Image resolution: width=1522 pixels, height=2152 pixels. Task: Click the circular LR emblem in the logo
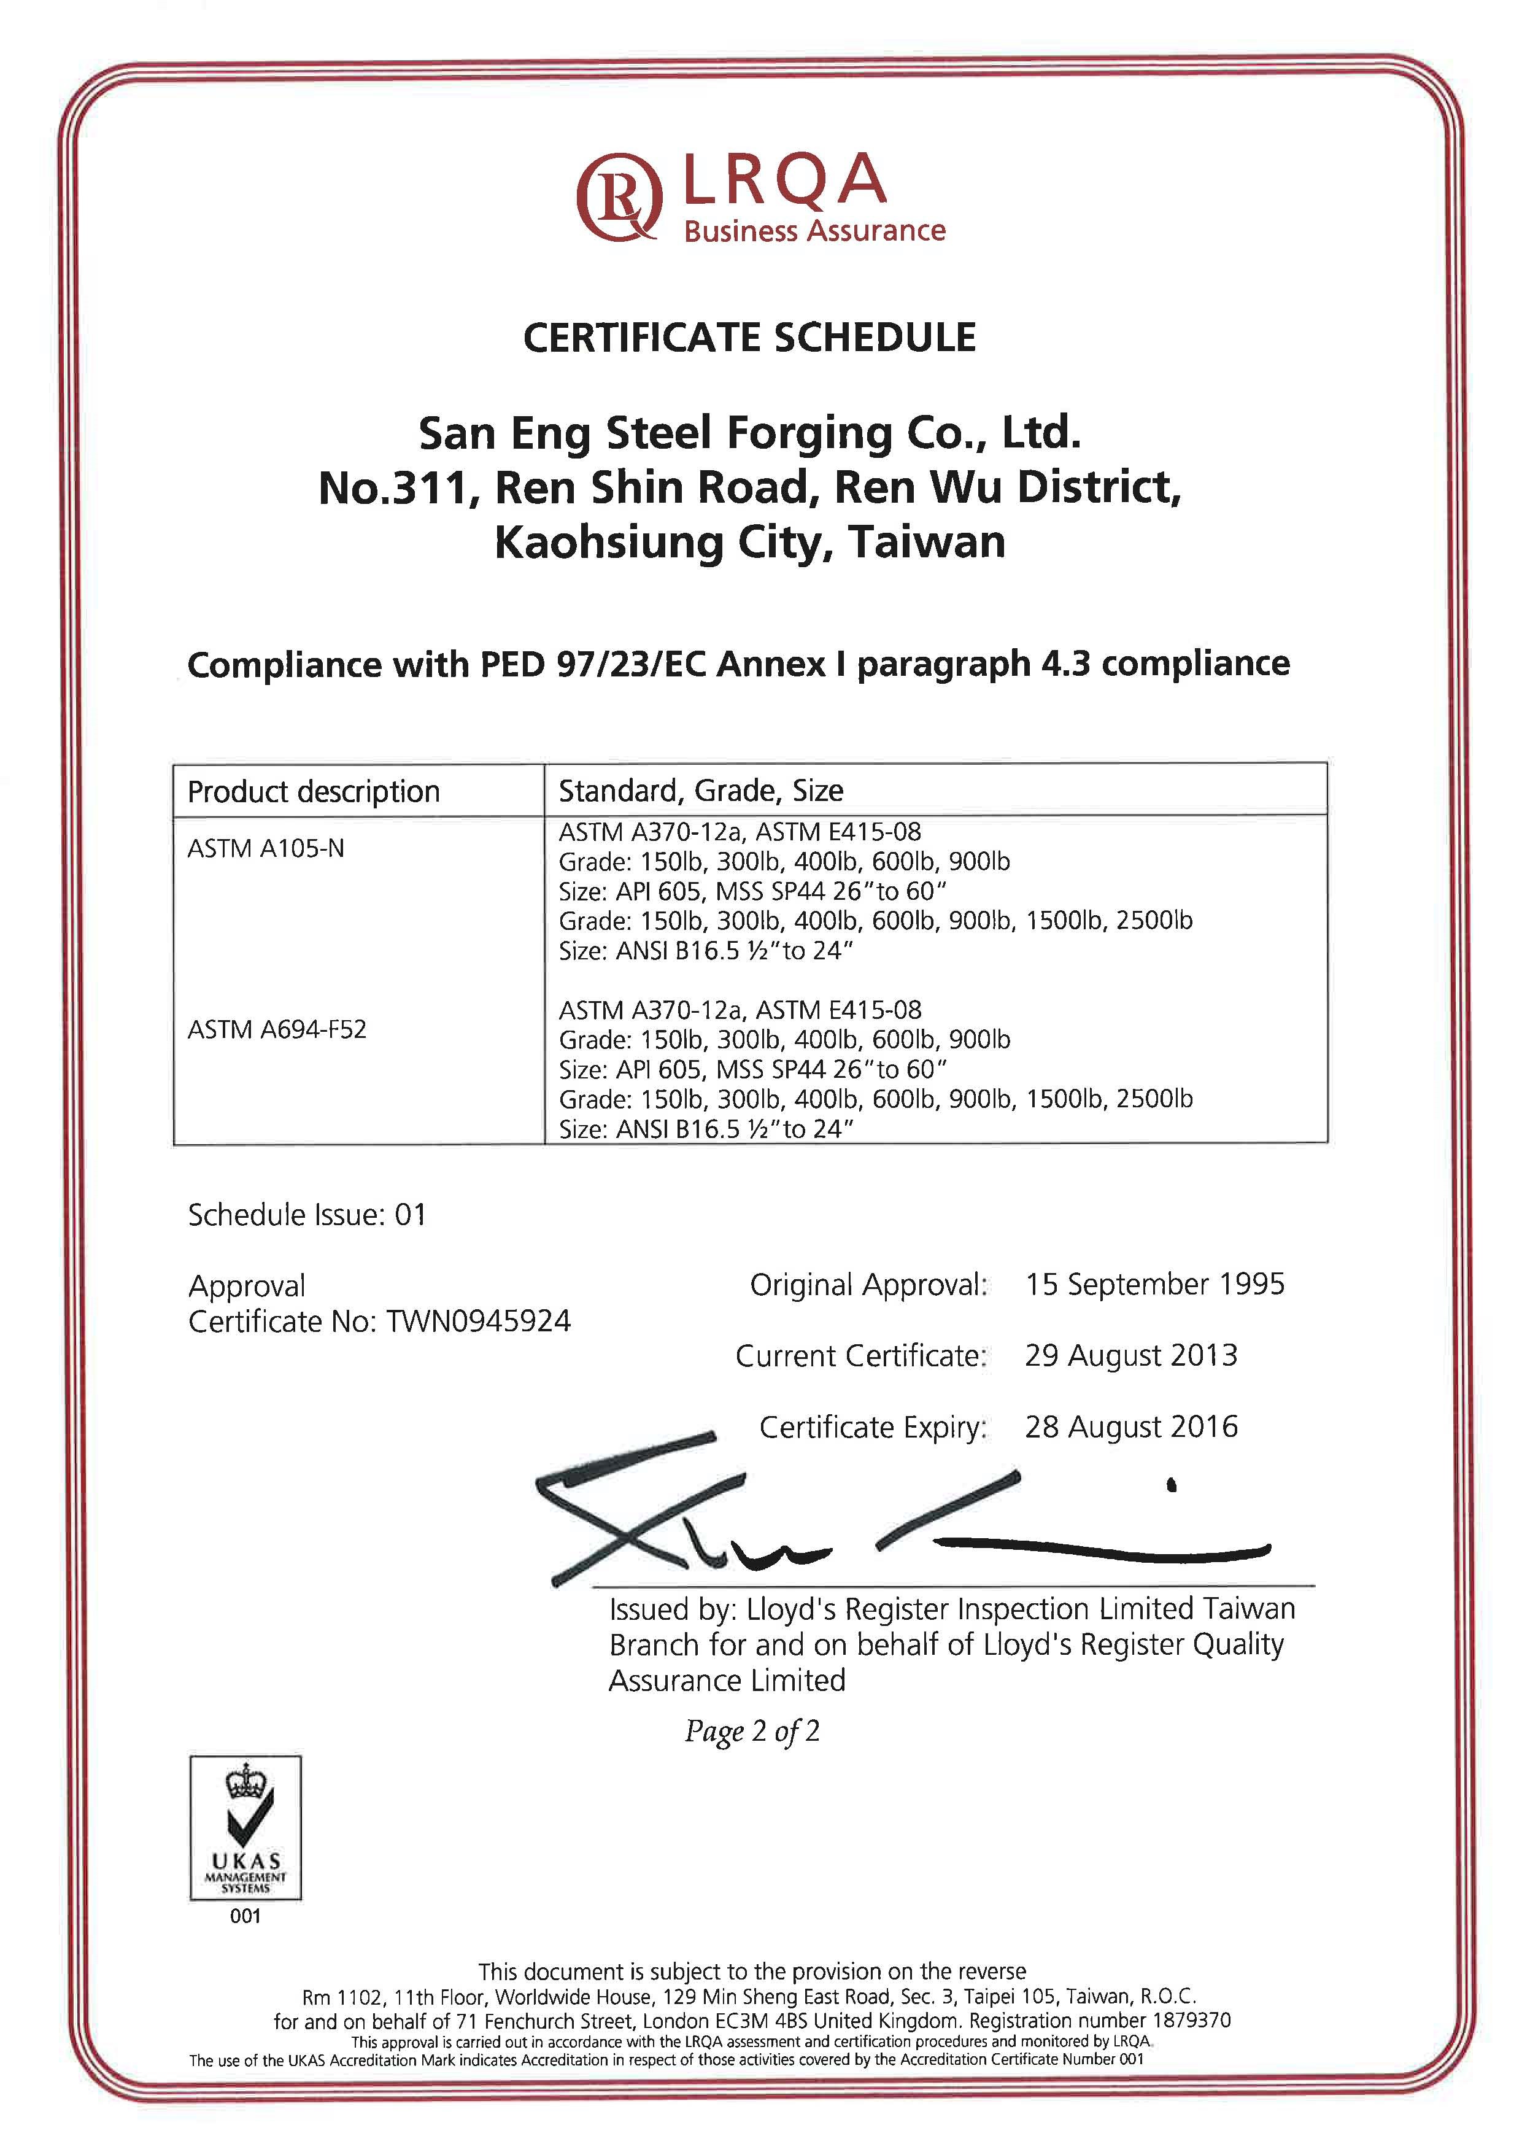point(619,198)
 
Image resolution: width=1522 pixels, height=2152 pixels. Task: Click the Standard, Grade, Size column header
point(701,791)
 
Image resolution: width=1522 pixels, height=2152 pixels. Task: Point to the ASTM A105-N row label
point(266,848)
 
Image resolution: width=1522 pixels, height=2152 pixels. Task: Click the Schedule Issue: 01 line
point(307,1215)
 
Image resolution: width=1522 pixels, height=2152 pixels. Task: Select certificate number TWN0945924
point(478,1322)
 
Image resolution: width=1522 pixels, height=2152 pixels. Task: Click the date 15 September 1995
point(1154,1284)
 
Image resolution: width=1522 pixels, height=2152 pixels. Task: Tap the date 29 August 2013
point(1130,1355)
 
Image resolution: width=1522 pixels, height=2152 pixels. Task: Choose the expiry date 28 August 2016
point(1130,1426)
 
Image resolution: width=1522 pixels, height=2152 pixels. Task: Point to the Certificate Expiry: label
point(873,1428)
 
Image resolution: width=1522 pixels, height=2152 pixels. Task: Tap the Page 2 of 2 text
point(752,1731)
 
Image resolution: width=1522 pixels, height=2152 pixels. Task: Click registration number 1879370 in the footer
point(1191,2021)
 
